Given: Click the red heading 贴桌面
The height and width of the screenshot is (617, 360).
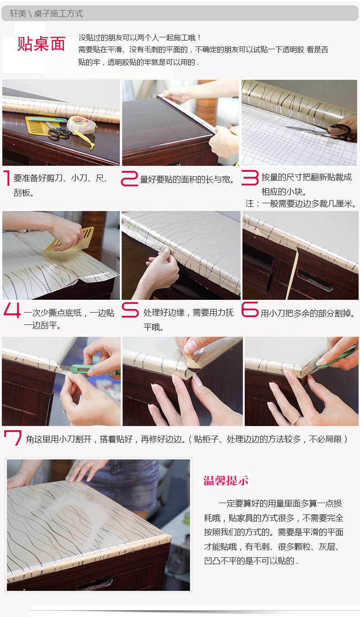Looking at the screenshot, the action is click(x=41, y=44).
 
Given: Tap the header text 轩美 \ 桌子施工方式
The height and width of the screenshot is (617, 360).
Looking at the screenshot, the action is click(x=46, y=14).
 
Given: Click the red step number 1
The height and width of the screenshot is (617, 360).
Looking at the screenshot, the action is click(x=7, y=178).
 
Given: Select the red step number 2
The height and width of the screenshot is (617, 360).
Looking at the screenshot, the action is click(x=129, y=179).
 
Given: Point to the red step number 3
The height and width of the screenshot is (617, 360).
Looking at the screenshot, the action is click(x=250, y=178).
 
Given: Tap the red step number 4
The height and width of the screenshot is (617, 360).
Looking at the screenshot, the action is click(x=12, y=310).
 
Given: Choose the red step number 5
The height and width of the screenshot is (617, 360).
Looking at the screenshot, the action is click(x=130, y=309).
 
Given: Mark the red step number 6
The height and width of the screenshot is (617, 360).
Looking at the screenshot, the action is click(x=250, y=309).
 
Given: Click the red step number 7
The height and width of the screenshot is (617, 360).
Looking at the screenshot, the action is click(x=13, y=437).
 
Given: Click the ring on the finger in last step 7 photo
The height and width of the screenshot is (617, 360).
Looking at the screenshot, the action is click(x=296, y=420).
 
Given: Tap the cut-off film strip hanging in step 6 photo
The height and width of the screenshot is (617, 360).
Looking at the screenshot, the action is click(x=293, y=273).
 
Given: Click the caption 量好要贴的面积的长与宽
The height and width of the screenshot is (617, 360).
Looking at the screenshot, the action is click(x=187, y=180).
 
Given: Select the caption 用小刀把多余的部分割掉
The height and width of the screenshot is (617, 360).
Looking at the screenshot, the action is click(x=308, y=313).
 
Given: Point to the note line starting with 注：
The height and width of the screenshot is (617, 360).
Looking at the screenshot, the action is click(x=301, y=204).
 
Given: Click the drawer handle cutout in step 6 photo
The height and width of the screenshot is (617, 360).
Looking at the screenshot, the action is click(x=314, y=280).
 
